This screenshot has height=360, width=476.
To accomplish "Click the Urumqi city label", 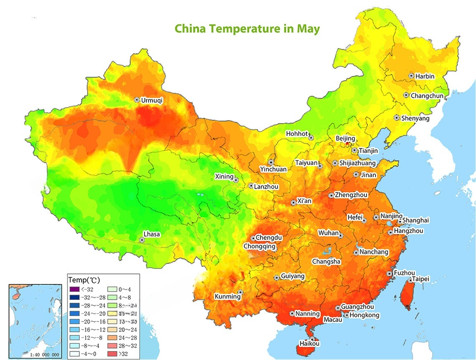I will coord(151,100).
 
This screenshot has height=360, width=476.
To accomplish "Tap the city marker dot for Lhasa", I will coord(142,240).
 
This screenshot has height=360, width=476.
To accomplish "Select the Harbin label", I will coord(425,76).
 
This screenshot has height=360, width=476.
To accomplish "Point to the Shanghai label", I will coord(416,221).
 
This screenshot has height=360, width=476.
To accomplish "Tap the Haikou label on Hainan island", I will coord(309,344).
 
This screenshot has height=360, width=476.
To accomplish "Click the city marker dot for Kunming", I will coord(240,292).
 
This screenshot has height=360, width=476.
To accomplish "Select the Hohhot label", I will coord(296,134).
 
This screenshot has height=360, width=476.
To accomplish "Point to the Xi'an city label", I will coord(304,201).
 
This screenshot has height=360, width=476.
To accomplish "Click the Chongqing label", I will coord(259,246).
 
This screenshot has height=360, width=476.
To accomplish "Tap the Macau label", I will coord(333,319).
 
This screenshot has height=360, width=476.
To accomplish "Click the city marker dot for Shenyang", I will coord(397,118).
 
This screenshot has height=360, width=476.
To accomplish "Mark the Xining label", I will coord(224,177).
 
